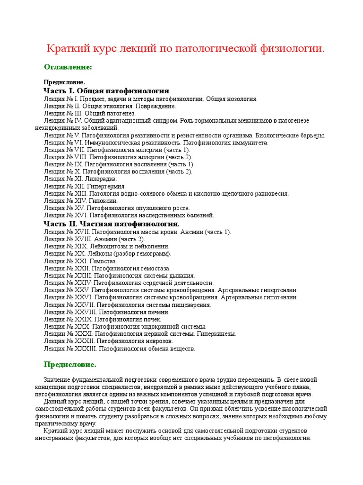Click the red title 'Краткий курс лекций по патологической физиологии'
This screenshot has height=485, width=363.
(186, 49)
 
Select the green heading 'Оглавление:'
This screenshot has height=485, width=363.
(68, 67)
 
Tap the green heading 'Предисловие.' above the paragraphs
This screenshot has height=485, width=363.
(70, 365)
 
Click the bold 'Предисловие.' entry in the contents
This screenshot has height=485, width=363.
(64, 82)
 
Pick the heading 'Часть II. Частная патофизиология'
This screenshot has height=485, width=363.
(111, 223)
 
